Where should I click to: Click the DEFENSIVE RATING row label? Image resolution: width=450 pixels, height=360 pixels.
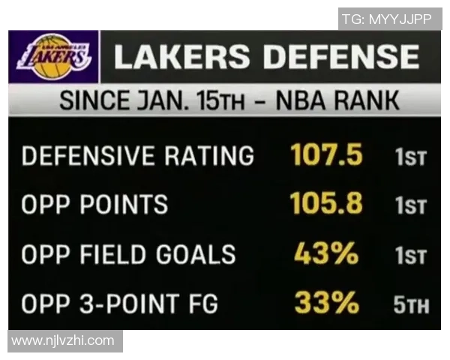[137, 156]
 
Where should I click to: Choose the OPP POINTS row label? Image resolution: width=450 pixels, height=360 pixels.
[94, 205]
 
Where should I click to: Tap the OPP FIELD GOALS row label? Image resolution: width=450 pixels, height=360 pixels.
[128, 255]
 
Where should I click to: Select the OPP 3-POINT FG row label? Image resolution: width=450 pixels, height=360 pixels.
[119, 304]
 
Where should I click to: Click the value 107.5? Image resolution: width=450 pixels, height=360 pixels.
[326, 155]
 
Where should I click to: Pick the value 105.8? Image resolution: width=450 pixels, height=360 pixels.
[326, 204]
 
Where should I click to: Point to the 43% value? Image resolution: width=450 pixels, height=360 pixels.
[326, 254]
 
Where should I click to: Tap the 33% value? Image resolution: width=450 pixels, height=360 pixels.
[326, 303]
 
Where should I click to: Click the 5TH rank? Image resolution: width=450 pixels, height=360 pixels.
[410, 305]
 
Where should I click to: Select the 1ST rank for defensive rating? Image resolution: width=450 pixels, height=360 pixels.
[410, 157]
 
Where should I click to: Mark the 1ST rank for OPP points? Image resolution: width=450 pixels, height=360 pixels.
[410, 206]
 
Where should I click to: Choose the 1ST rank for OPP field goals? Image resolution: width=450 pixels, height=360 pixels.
[410, 256]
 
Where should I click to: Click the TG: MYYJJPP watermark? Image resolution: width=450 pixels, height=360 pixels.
[387, 19]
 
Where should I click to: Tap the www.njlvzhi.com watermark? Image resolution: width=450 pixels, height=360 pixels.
[63, 340]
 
